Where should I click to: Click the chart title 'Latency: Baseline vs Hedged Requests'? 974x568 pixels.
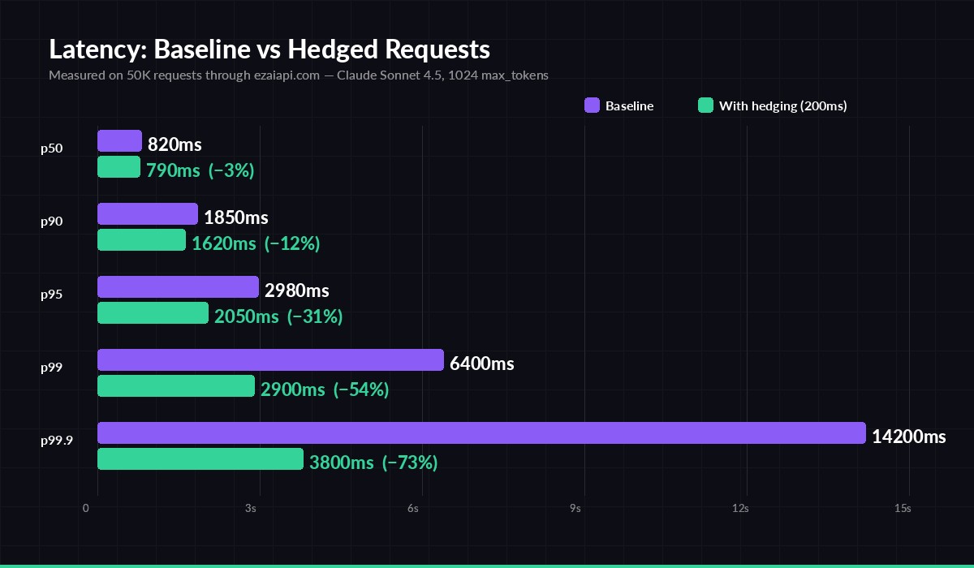pos(269,49)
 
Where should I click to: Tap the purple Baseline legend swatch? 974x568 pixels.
pos(592,105)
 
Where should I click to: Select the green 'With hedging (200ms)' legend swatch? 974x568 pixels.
pos(705,105)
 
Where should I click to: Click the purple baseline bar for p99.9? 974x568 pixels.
pos(481,433)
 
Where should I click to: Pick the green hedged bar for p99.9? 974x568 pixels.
pos(200,459)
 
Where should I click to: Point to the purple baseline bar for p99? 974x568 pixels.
pos(270,360)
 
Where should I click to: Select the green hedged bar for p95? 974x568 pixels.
pos(153,313)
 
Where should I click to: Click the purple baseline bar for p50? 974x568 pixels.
pos(119,141)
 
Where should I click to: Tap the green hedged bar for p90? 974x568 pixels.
pos(141,240)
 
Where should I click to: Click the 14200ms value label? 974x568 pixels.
pos(908,437)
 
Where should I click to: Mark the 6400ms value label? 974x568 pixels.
pos(481,364)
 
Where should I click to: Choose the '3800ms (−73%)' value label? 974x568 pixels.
pos(373,463)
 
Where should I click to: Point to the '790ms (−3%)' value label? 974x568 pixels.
pos(200,170)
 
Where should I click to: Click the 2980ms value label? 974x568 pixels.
pos(296,290)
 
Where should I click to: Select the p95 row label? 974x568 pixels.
pos(52,295)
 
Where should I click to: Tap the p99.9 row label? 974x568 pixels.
pos(57,441)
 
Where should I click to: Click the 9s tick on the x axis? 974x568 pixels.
pos(575,509)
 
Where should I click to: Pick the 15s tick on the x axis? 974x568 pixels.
pos(902,509)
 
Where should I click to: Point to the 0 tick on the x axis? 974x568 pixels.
pos(86,509)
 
